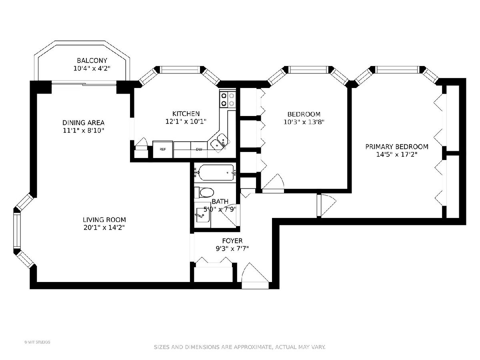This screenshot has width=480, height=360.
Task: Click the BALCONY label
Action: tap(92, 60)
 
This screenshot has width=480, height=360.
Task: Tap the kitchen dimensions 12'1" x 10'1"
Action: tap(186, 122)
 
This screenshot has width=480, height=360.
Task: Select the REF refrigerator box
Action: tap(163, 149)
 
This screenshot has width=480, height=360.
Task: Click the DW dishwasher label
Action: tap(199, 150)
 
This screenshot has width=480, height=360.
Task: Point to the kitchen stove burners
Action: tap(228, 100)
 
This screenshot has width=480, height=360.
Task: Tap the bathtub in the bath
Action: tap(216, 172)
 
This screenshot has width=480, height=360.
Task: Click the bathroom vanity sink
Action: tap(202, 215)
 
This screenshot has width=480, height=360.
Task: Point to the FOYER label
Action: tap(232, 241)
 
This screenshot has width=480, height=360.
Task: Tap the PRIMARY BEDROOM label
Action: tap(397, 146)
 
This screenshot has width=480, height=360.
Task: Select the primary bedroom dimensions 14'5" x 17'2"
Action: tap(397, 154)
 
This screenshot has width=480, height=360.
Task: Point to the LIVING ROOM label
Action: tap(104, 220)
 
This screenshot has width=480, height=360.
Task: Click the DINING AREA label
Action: tap(83, 122)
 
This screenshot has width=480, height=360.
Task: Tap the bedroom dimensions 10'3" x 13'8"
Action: tap(304, 122)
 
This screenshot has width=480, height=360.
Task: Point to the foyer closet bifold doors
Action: tap(214, 260)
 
